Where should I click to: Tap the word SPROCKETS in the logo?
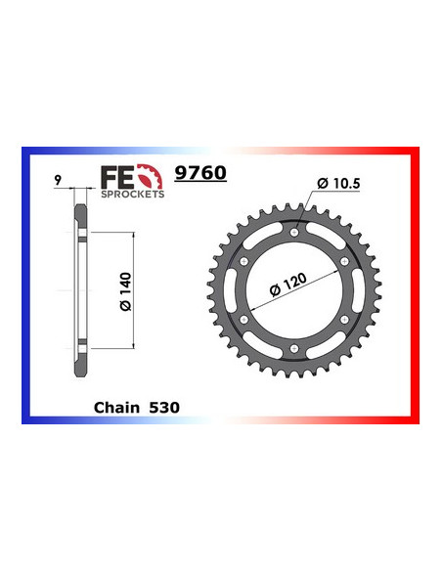(x=133, y=193)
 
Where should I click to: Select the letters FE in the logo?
(x=114, y=176)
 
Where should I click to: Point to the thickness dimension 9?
(x=59, y=180)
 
